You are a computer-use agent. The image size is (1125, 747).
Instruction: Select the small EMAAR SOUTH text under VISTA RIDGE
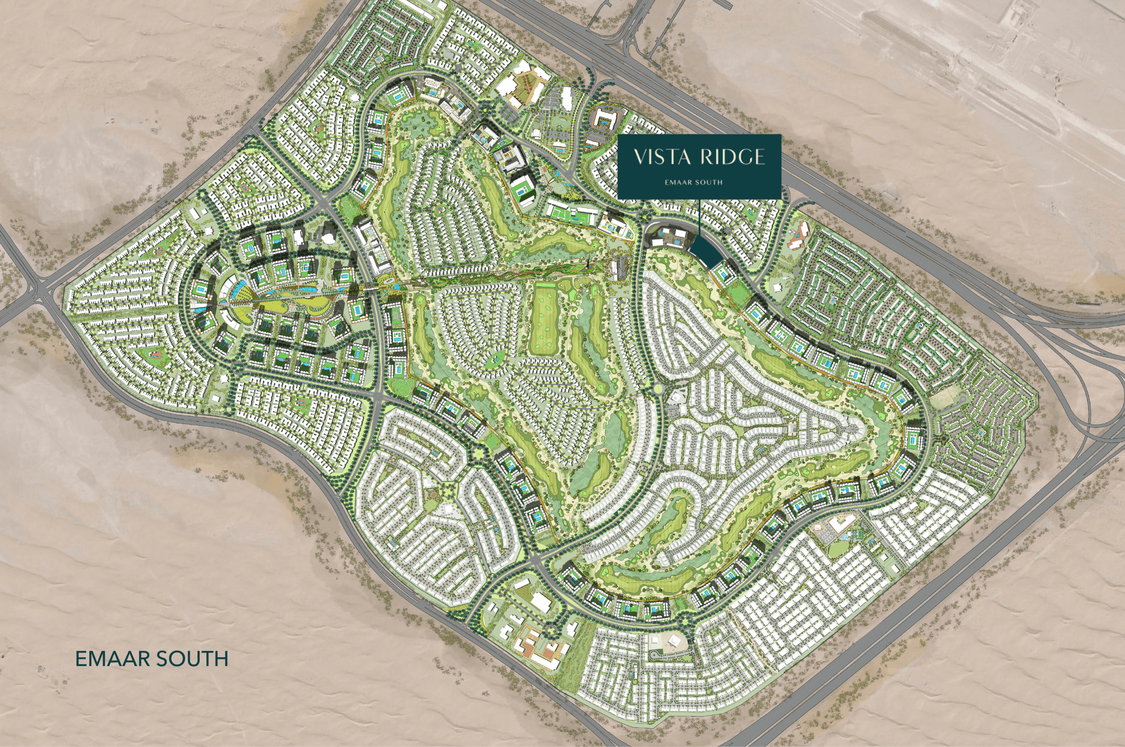(694, 182)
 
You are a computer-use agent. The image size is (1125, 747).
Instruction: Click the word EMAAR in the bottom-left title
(112, 659)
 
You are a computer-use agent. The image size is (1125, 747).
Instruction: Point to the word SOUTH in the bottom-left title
(192, 659)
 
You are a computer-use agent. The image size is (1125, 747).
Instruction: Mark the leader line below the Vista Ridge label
(699, 218)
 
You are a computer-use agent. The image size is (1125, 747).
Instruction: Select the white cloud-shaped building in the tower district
(328, 237)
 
